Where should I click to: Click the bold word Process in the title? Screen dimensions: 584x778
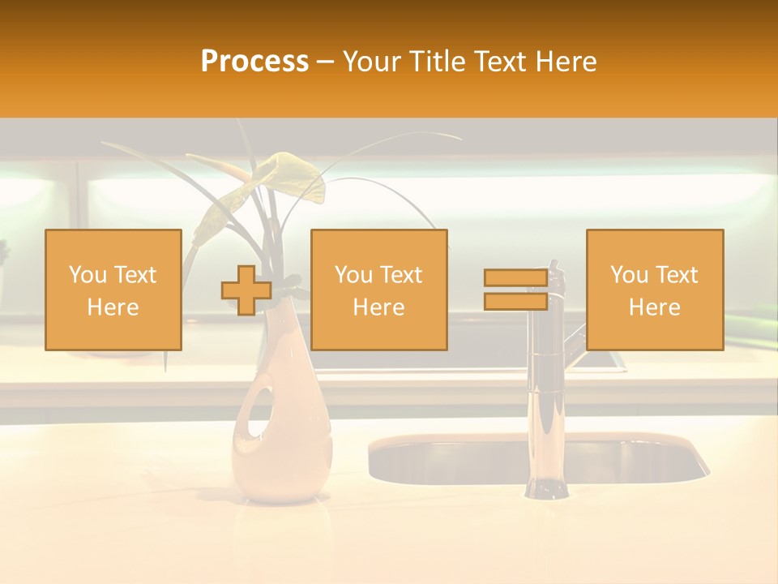pos(254,62)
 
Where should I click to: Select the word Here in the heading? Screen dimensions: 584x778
pos(564,62)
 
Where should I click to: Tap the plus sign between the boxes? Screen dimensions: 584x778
pos(246,290)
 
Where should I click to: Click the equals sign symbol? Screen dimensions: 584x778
pos(515,290)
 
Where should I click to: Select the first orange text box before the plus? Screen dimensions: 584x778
pos(113,290)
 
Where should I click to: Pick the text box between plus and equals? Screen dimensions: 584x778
pos(379,290)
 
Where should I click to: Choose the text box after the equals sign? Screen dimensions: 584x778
pos(655,290)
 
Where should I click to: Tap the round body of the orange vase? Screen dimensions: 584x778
pos(284,454)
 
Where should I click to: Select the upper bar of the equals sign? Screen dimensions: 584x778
pos(515,278)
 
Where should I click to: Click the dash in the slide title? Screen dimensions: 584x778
pos(326,62)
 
